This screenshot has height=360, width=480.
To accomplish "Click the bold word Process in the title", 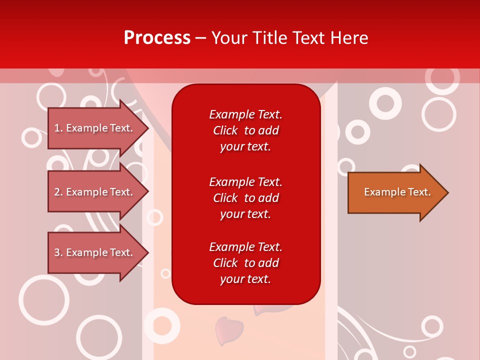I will coord(157,38).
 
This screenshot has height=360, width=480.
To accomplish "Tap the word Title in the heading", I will coord(269,38).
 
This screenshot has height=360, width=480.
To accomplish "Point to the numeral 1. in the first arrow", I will coord(58,128).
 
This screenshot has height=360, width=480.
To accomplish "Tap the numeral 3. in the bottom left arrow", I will coord(58,252).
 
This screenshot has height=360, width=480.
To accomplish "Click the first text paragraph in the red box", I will coord(245,130).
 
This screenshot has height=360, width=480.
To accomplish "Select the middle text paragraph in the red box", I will coord(245,198).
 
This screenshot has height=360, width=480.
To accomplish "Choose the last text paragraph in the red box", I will coord(245,263).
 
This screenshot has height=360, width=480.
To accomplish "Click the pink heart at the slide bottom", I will coord(228,329).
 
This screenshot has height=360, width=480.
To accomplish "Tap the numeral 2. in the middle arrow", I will coord(58,192).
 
